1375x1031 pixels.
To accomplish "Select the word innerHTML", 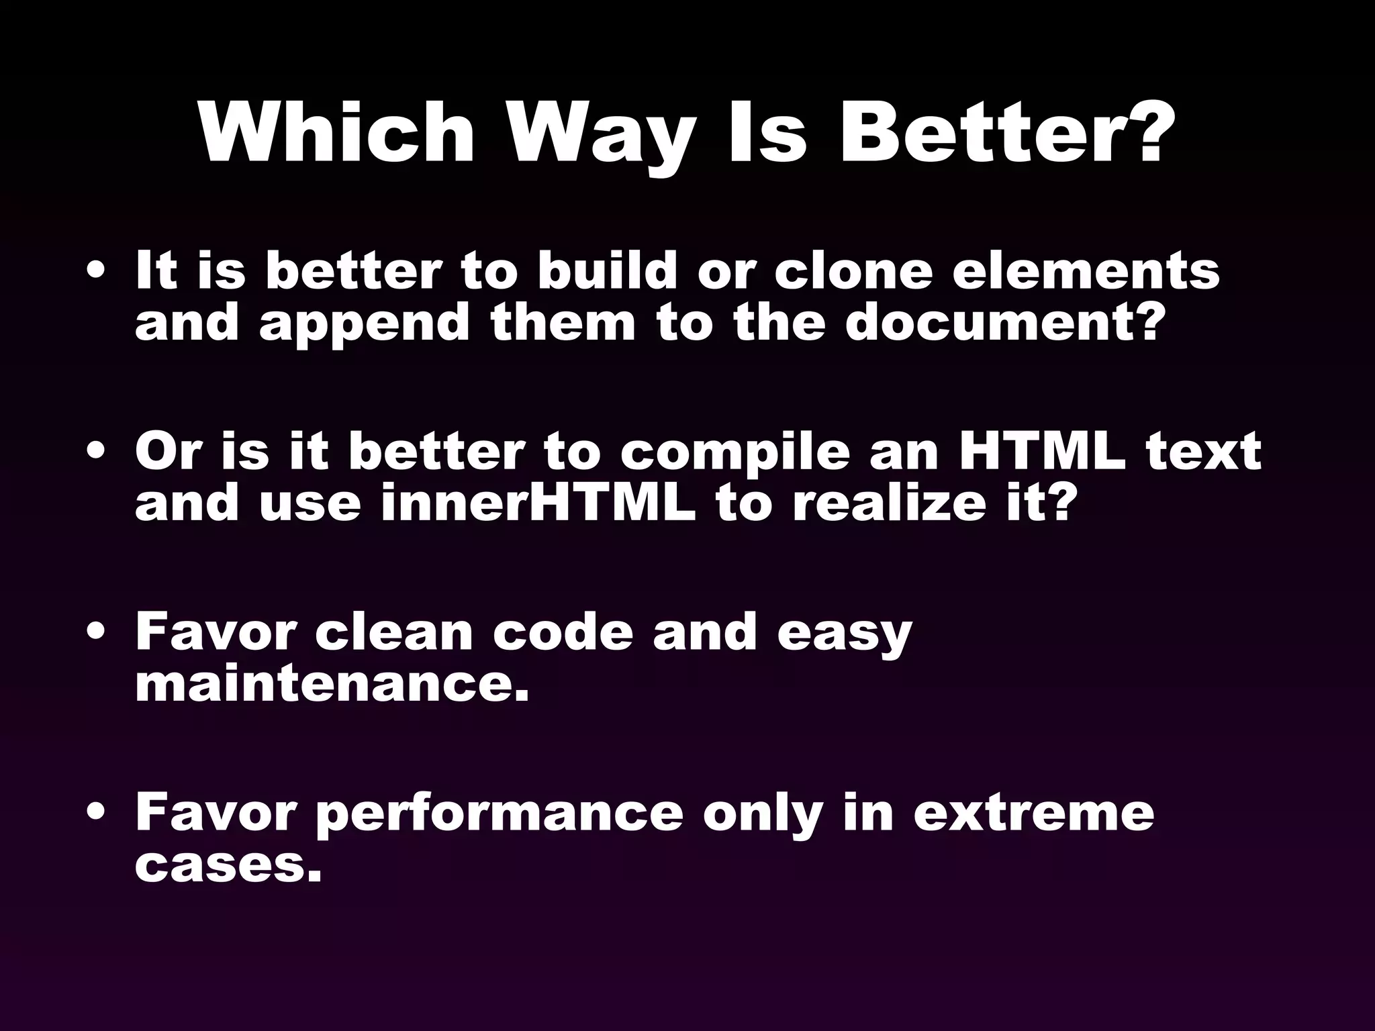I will [538, 503].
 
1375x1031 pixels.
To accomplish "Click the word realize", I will [900, 503].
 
